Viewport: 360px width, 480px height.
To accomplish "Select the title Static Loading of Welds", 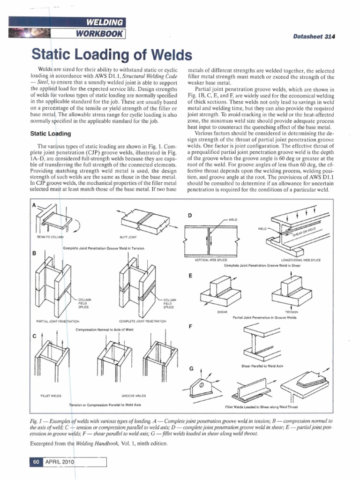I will pos(112,55).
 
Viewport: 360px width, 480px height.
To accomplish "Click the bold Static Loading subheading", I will pos(51,134).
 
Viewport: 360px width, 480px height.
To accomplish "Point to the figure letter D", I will pos(190,215).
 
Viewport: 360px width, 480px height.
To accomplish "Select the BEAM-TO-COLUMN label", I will pos(50,237).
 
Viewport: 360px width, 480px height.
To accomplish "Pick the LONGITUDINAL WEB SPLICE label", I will pos(300,260).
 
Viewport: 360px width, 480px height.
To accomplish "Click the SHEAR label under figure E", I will pos(223,312).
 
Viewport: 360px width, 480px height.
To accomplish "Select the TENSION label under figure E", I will pos(291,312).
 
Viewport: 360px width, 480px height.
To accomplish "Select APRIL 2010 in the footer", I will pos(60,462).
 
